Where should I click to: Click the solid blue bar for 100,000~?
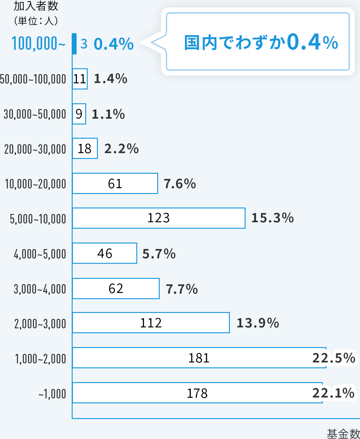tap(74, 44)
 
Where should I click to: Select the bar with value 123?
tap(159, 218)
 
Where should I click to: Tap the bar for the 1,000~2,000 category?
tap(199, 358)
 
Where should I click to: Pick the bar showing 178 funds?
tap(197, 393)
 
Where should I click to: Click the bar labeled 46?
tap(105, 253)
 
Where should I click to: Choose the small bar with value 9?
tap(79, 114)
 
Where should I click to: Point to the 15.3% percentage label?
tap(272, 218)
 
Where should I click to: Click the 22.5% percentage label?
tap(334, 358)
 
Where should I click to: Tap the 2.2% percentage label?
tap(122, 149)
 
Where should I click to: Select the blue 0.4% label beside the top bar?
tap(114, 44)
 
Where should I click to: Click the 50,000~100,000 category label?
tap(33, 79)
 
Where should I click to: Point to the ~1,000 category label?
tap(52, 394)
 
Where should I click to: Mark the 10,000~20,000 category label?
tap(35, 184)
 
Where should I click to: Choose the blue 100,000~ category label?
tap(38, 43)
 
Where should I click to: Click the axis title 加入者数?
tap(36, 6)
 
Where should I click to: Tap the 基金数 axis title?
tap(343, 433)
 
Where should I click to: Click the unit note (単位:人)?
tap(36, 21)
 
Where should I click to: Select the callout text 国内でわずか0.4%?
tap(261, 42)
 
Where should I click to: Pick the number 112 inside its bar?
tap(151, 323)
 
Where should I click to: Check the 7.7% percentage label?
tap(182, 289)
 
